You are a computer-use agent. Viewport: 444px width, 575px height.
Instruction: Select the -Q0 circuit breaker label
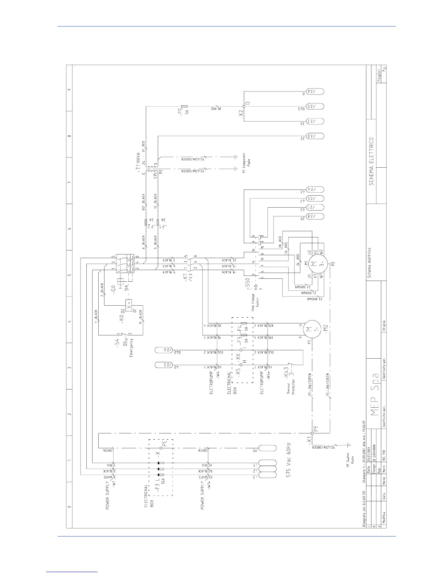point(113,289)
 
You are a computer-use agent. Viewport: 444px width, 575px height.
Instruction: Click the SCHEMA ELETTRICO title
point(371,162)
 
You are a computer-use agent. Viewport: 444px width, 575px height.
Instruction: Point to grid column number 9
point(69,90)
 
